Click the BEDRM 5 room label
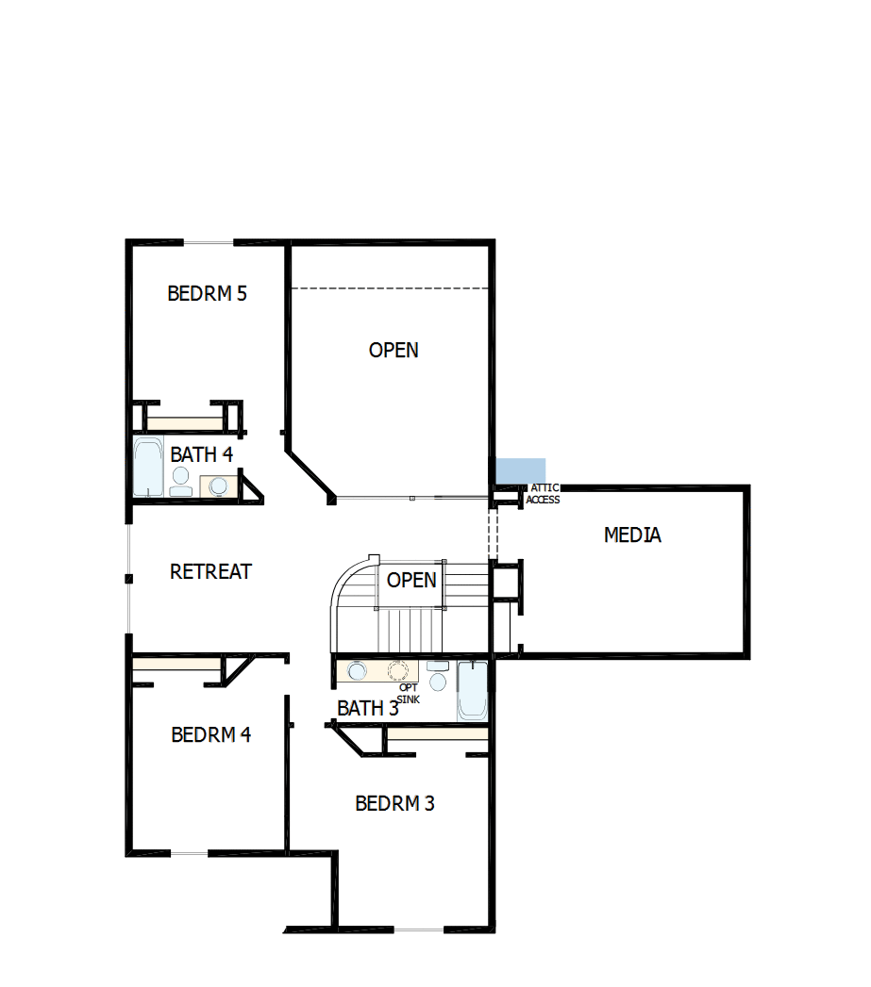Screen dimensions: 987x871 click(x=207, y=293)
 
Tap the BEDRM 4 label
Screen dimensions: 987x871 click(x=210, y=734)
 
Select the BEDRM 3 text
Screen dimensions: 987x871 click(x=394, y=803)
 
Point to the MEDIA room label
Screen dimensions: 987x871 click(x=632, y=535)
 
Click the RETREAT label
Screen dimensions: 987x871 click(x=210, y=571)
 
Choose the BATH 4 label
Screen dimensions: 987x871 click(x=201, y=454)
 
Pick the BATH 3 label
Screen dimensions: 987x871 click(x=367, y=708)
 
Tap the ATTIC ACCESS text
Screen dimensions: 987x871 click(x=543, y=494)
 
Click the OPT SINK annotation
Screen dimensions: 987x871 click(x=408, y=693)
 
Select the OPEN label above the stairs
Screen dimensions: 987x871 click(x=411, y=580)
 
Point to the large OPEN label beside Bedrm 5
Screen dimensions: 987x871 click(x=394, y=350)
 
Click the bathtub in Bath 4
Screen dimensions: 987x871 click(x=148, y=467)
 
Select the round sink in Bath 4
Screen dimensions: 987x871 click(x=219, y=485)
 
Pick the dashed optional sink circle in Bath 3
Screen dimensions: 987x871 click(x=400, y=671)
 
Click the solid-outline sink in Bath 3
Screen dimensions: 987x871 click(x=358, y=671)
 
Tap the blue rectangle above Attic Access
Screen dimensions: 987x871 click(x=521, y=469)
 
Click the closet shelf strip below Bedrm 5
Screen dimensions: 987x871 click(x=183, y=422)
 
